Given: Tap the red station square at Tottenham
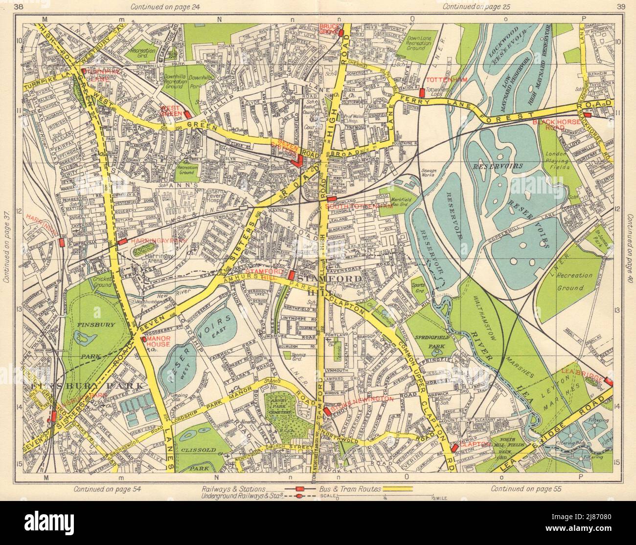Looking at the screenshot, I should [x=421, y=92].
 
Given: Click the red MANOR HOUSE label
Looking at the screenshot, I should [x=155, y=341].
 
